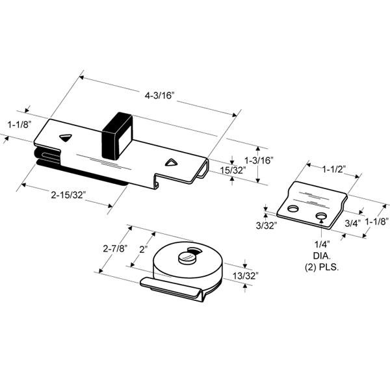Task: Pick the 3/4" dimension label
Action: [x=352, y=222]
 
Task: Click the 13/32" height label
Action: [x=246, y=276]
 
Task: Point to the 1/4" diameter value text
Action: [x=322, y=245]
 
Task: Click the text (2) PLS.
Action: [x=322, y=267]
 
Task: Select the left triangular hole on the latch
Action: [x=64, y=137]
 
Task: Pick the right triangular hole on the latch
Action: [x=171, y=162]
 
